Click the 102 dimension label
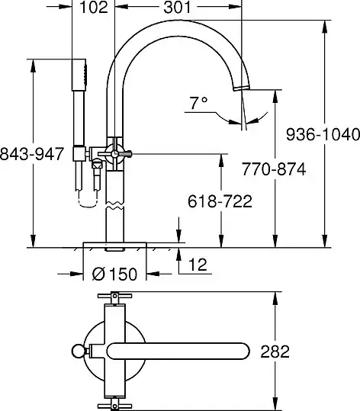point(94,7)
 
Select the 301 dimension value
point(178,7)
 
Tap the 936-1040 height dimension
point(323,134)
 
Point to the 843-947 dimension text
point(32,153)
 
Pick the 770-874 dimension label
point(274,169)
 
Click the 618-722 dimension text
point(220,201)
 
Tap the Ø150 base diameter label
point(114,274)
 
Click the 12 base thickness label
point(198,265)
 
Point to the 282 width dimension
point(275,352)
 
